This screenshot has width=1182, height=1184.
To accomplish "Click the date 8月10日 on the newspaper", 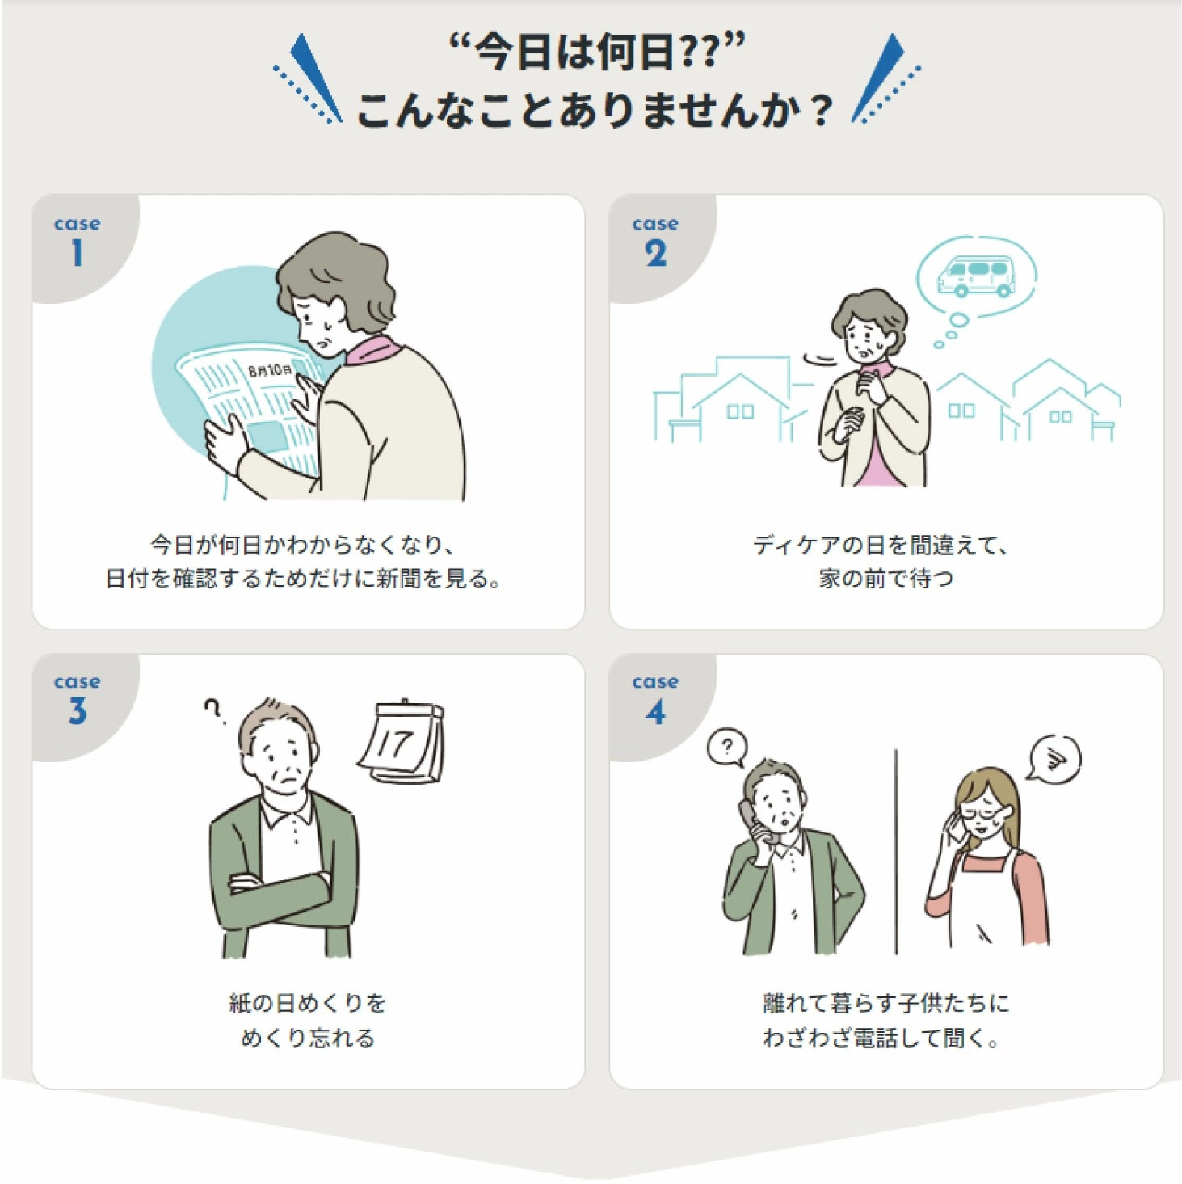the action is pyautogui.click(x=271, y=370).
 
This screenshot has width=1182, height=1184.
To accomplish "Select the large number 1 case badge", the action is pyautogui.click(x=77, y=252).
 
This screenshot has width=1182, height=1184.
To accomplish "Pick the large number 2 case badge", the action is pyautogui.click(x=655, y=252).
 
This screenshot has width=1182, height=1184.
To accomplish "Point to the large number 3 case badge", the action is pyautogui.click(x=77, y=711).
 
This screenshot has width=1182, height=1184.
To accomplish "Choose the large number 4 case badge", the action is pyautogui.click(x=655, y=711).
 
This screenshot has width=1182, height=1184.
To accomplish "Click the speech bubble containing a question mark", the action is pyautogui.click(x=728, y=748).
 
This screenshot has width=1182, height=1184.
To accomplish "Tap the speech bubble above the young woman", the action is pyautogui.click(x=1054, y=758).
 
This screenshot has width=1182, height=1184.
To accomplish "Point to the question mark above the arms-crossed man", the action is pyautogui.click(x=213, y=710).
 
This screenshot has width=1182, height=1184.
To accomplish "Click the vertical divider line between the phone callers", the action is pyautogui.click(x=896, y=851).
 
